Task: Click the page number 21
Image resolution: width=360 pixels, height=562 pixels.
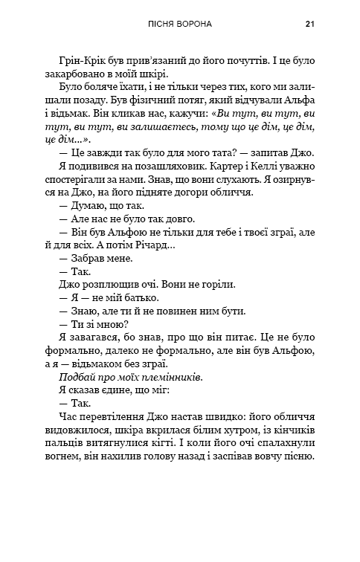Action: pos(310,24)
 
